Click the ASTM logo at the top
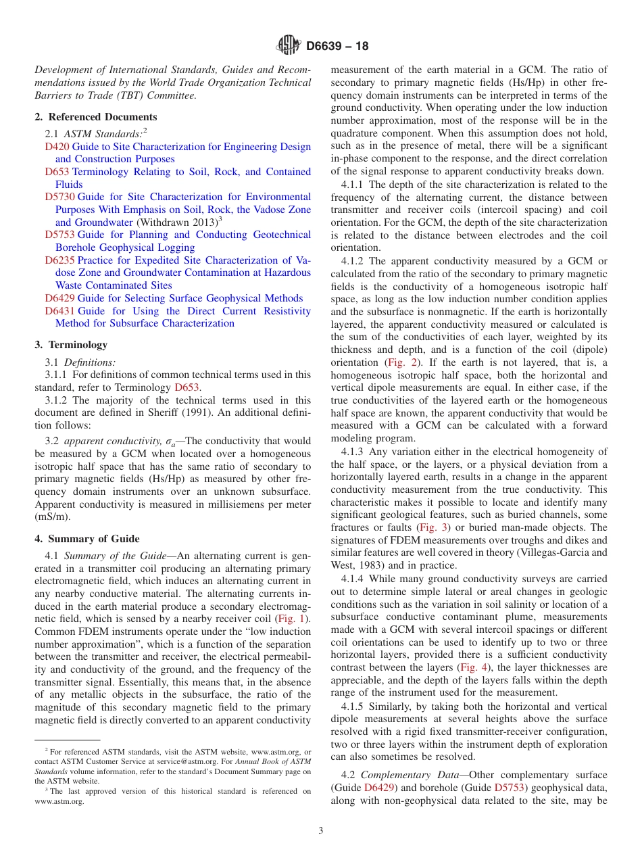pyautogui.click(x=289, y=46)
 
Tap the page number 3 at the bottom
pyautogui.click(x=321, y=831)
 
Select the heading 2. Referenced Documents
pyautogui.click(x=96, y=117)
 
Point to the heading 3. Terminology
pyautogui.click(x=71, y=345)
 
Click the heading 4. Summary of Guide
pyautogui.click(x=87, y=539)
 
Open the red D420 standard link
pyautogui.click(x=57, y=147)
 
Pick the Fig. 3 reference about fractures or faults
pyautogui.click(x=433, y=527)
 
